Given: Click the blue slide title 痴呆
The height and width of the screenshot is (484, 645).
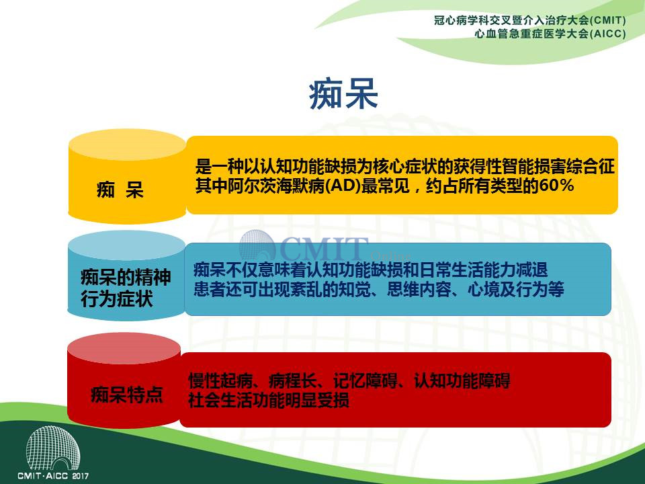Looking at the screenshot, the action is (343, 95).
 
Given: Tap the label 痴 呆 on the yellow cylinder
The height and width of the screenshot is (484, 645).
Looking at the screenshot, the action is (120, 190).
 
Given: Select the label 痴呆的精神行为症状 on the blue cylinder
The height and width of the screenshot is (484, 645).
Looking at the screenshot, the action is (126, 288).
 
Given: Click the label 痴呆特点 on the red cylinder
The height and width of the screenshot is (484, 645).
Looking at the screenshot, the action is (127, 395).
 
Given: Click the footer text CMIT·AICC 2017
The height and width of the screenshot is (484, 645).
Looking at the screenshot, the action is (53, 476).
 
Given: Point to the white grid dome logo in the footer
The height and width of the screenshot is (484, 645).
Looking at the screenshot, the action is (53, 448).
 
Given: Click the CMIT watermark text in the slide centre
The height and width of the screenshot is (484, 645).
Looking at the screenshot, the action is (324, 248).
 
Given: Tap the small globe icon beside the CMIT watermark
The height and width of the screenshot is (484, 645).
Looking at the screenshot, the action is (257, 246).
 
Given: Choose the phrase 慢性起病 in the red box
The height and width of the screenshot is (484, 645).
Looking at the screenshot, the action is (220, 380).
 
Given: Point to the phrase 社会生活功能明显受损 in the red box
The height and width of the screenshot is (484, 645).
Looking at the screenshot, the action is (269, 400).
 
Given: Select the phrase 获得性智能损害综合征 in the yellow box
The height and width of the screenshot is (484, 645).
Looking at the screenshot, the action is (534, 167).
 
